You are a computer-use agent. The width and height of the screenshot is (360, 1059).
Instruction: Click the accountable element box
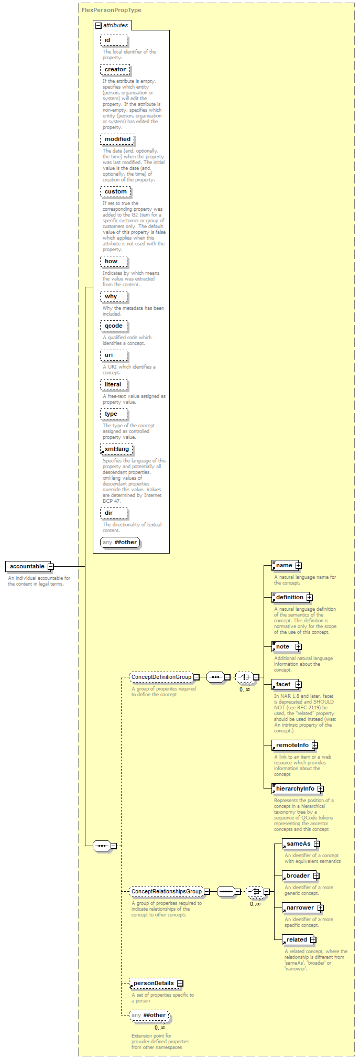[x=28, y=566]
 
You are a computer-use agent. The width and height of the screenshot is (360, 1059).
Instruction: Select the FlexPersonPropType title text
[x=111, y=10]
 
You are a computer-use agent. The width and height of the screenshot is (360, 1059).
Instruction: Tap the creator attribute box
[x=115, y=69]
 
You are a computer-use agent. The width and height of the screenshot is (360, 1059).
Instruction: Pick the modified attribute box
[x=117, y=139]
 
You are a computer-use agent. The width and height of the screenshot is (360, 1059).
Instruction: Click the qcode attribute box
[x=113, y=326]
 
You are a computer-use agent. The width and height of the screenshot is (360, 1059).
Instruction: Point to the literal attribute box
[x=113, y=384]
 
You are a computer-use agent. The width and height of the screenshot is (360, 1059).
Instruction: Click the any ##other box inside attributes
[x=120, y=542]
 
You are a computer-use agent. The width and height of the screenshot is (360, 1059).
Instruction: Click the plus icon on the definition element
[x=309, y=597]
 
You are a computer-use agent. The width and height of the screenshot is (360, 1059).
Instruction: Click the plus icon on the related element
[x=313, y=939]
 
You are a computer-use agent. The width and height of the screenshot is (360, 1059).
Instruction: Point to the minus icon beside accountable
[x=50, y=566]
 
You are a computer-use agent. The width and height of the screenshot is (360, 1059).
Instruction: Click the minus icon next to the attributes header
[x=98, y=25]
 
